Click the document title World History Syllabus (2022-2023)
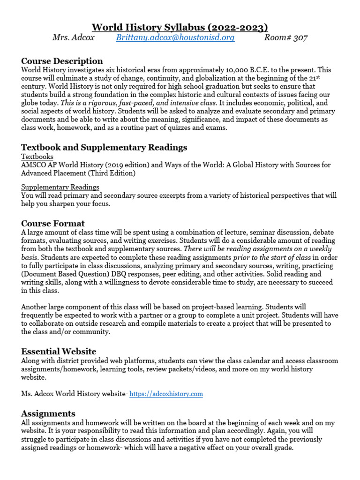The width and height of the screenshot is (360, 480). (x=180, y=27)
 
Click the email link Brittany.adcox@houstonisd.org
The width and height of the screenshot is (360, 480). (x=175, y=38)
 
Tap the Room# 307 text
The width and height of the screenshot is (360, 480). (x=286, y=38)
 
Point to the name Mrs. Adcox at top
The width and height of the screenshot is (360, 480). (x=73, y=38)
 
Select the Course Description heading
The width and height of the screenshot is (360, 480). (x=62, y=61)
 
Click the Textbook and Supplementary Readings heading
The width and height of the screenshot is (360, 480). (x=104, y=147)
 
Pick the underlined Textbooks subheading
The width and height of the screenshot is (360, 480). (x=37, y=157)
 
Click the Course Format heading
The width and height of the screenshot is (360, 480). (x=53, y=224)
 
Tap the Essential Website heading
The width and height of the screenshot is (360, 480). (x=59, y=351)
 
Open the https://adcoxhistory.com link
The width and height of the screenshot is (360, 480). (x=166, y=394)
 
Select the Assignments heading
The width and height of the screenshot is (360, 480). (x=48, y=413)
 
